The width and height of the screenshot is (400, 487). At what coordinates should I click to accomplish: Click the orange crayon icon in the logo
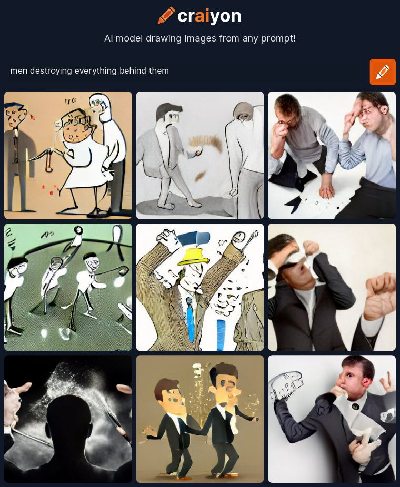coord(166,15)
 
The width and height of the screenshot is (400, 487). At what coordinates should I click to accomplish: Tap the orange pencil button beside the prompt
coord(383,72)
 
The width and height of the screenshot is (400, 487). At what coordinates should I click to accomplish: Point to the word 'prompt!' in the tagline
coord(278,38)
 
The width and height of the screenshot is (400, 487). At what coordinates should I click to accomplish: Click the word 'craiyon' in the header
coord(209,16)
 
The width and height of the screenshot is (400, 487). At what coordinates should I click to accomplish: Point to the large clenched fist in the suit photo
coord(380,296)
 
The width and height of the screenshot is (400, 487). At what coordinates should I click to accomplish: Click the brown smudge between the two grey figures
coord(206,142)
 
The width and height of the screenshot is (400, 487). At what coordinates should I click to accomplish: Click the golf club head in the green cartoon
coord(123,271)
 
